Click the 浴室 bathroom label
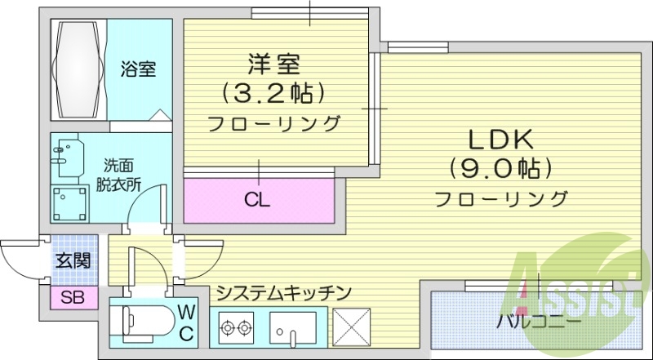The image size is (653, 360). coord(139,69)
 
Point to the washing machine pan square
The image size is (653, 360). coord(69,202)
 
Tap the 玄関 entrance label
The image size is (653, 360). coord(72,262)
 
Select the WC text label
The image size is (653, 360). coord(187,322)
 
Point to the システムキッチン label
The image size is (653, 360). coord(284,291)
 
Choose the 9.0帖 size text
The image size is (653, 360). coord(500,168)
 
